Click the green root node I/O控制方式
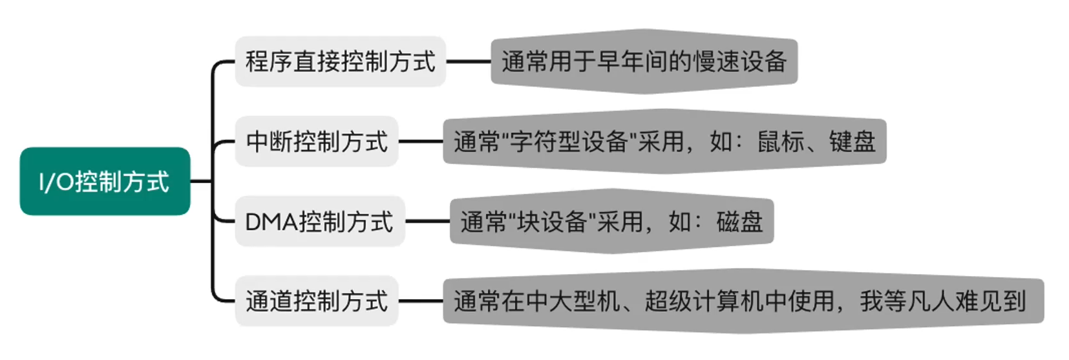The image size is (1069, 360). click(x=105, y=182)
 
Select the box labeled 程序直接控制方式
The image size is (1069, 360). click(x=340, y=61)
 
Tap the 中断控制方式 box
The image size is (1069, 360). click(x=317, y=142)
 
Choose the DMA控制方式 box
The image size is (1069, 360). click(x=319, y=222)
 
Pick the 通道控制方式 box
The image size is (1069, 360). click(x=317, y=301)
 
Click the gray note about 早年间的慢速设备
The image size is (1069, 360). click(x=644, y=61)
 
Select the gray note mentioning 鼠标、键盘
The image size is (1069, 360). click(x=664, y=142)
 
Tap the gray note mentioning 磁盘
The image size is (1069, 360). click(x=611, y=222)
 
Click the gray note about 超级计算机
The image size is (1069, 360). click(x=743, y=301)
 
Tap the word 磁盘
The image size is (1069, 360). click(x=739, y=222)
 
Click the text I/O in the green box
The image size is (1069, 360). click(x=56, y=182)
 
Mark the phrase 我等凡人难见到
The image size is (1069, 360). click(x=942, y=301)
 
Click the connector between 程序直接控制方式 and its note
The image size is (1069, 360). click(x=469, y=62)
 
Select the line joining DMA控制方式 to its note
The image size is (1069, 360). click(x=427, y=222)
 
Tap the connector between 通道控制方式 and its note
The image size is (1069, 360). click(x=420, y=301)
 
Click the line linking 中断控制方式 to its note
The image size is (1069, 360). click(x=420, y=142)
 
